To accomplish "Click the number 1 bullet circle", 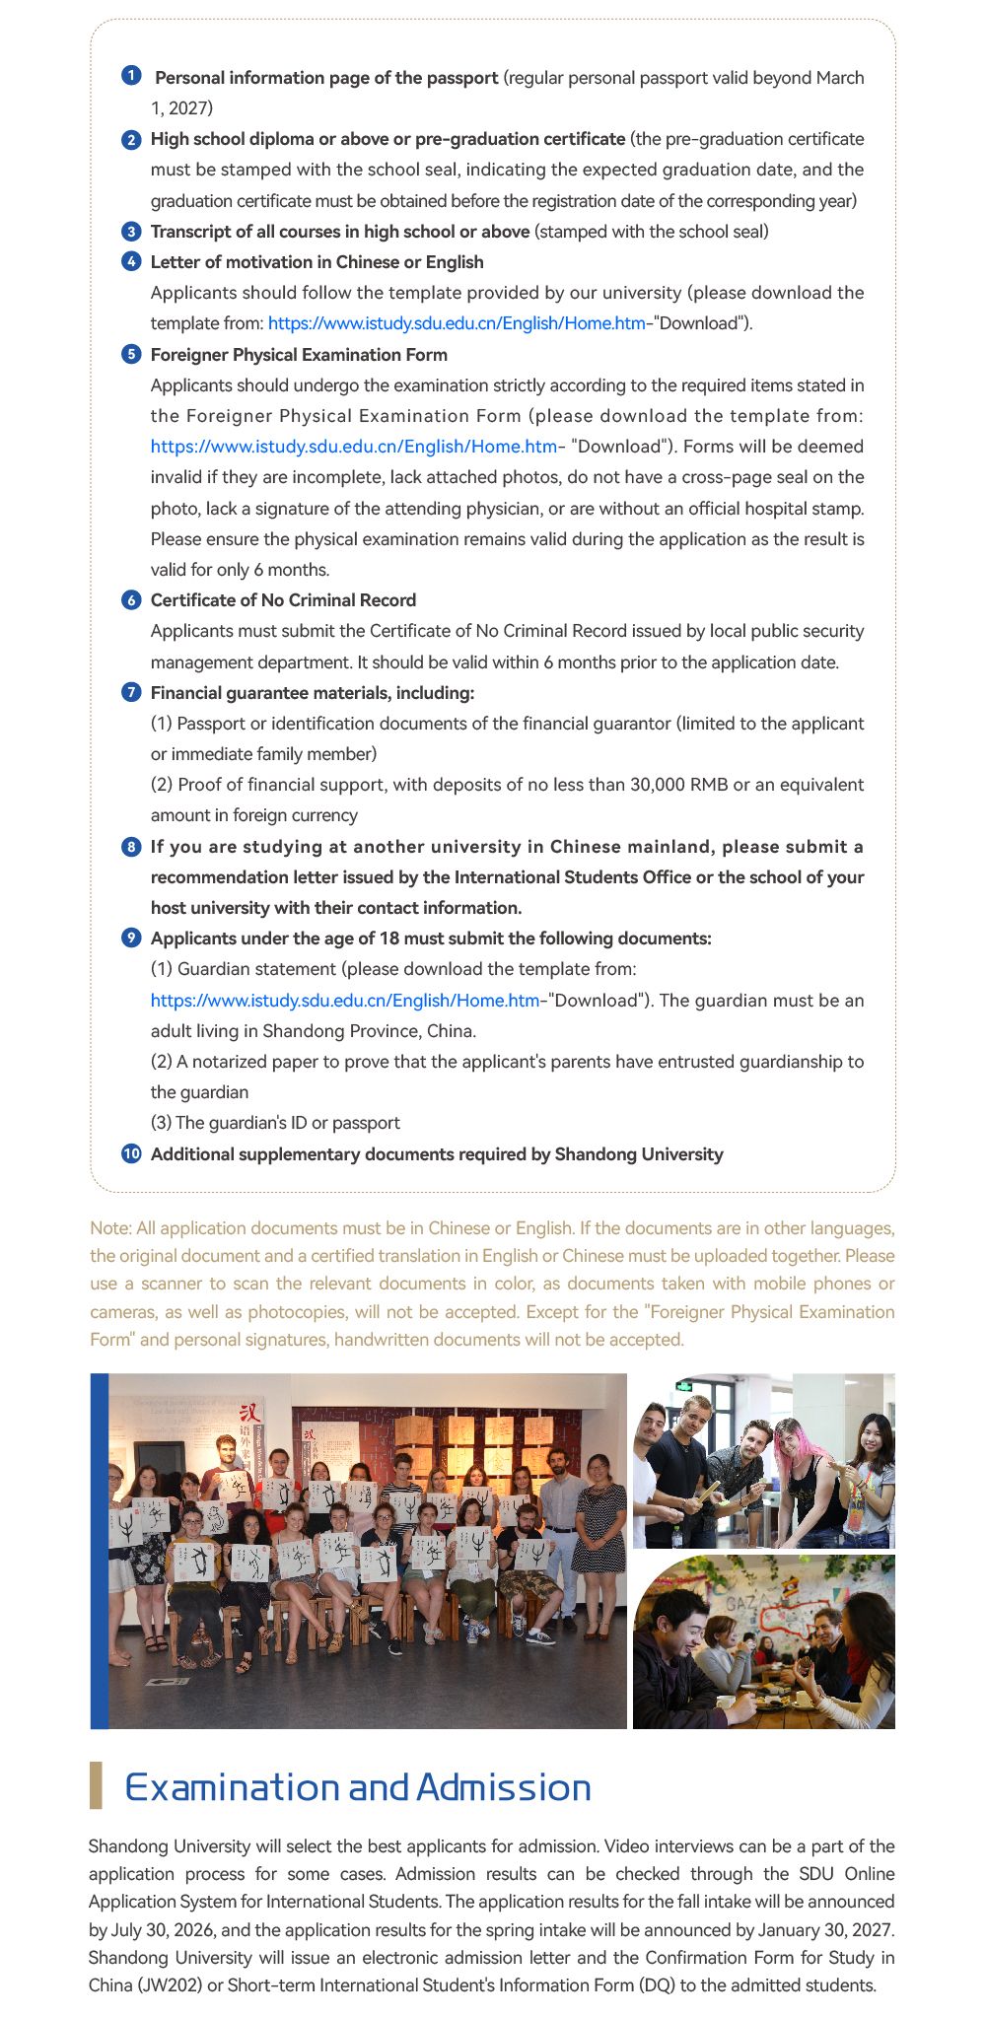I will (x=131, y=76).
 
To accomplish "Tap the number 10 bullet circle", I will (x=131, y=1153).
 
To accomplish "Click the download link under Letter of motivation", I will (x=456, y=323).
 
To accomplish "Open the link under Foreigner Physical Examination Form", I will (x=354, y=447).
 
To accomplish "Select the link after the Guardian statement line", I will (x=345, y=1001).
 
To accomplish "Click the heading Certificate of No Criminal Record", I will (x=283, y=600).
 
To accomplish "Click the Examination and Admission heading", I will (x=357, y=1787).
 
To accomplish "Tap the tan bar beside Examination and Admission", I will (x=96, y=1785).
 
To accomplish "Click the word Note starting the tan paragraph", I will (x=109, y=1228).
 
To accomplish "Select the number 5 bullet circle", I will (x=131, y=354).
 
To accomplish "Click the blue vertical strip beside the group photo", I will (x=99, y=1551).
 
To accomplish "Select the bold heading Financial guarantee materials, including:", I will (x=313, y=693).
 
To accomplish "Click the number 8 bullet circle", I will (x=131, y=847).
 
